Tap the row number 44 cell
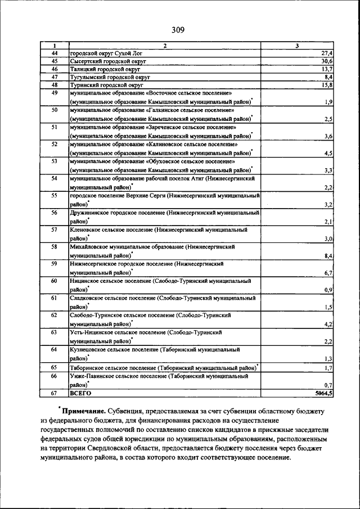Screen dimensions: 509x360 pyautogui.click(x=55, y=53)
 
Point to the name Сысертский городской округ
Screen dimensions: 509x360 pyautogui.click(x=108, y=61)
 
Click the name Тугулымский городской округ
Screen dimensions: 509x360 pyautogui.click(x=110, y=77)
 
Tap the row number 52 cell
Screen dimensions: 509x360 pyautogui.click(x=55, y=144)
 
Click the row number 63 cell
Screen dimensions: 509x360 pyautogui.click(x=55, y=332)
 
